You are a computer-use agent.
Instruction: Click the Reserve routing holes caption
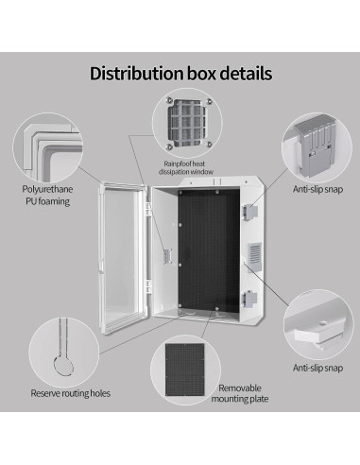point(65,393)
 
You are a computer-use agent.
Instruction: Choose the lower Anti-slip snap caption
point(317,367)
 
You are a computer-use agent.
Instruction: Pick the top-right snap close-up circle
point(317,144)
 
